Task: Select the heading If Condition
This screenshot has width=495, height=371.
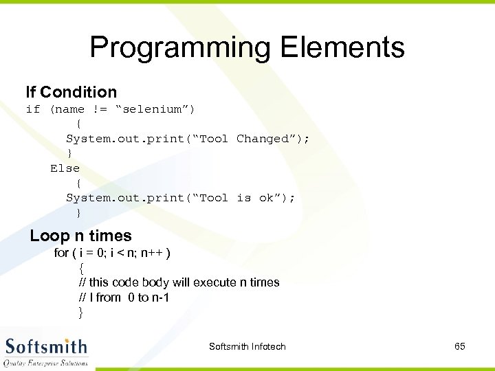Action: pyautogui.click(x=71, y=92)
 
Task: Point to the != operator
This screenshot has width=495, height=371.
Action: pyautogui.click(x=99, y=109)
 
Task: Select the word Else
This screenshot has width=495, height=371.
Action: pyautogui.click(x=65, y=168)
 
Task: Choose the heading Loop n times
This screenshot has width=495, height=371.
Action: pyautogui.click(x=80, y=236)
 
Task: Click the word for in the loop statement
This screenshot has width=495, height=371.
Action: pyautogui.click(x=62, y=253)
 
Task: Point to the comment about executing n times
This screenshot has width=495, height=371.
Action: pyautogui.click(x=179, y=282)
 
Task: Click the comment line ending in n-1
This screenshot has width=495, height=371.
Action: pyautogui.click(x=124, y=297)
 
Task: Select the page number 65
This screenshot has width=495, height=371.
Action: pyautogui.click(x=460, y=346)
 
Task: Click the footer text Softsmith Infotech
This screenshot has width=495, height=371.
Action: pyautogui.click(x=247, y=346)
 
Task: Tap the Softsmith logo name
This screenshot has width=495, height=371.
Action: pyautogui.click(x=46, y=346)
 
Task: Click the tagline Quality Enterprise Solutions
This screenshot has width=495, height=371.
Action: pyautogui.click(x=46, y=362)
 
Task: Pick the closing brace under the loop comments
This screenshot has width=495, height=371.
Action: pyautogui.click(x=81, y=313)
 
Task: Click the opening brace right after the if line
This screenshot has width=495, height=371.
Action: pyautogui.click(x=79, y=124)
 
